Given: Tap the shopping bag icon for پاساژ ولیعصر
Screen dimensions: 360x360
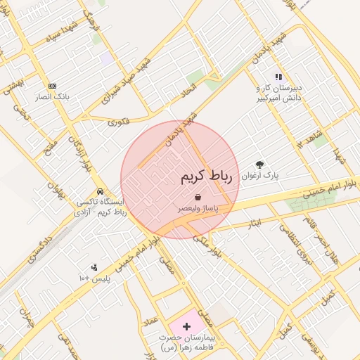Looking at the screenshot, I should (198, 198).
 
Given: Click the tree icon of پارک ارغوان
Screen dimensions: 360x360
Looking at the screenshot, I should (259, 165).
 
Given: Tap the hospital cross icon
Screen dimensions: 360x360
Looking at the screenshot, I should (186, 327).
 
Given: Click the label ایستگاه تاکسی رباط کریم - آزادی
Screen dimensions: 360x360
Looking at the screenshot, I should (102, 207).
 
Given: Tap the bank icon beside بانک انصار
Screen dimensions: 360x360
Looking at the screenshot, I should (52, 85).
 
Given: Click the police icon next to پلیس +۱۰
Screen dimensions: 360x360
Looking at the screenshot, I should (94, 267).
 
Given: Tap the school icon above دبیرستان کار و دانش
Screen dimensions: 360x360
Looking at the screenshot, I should (278, 77).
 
